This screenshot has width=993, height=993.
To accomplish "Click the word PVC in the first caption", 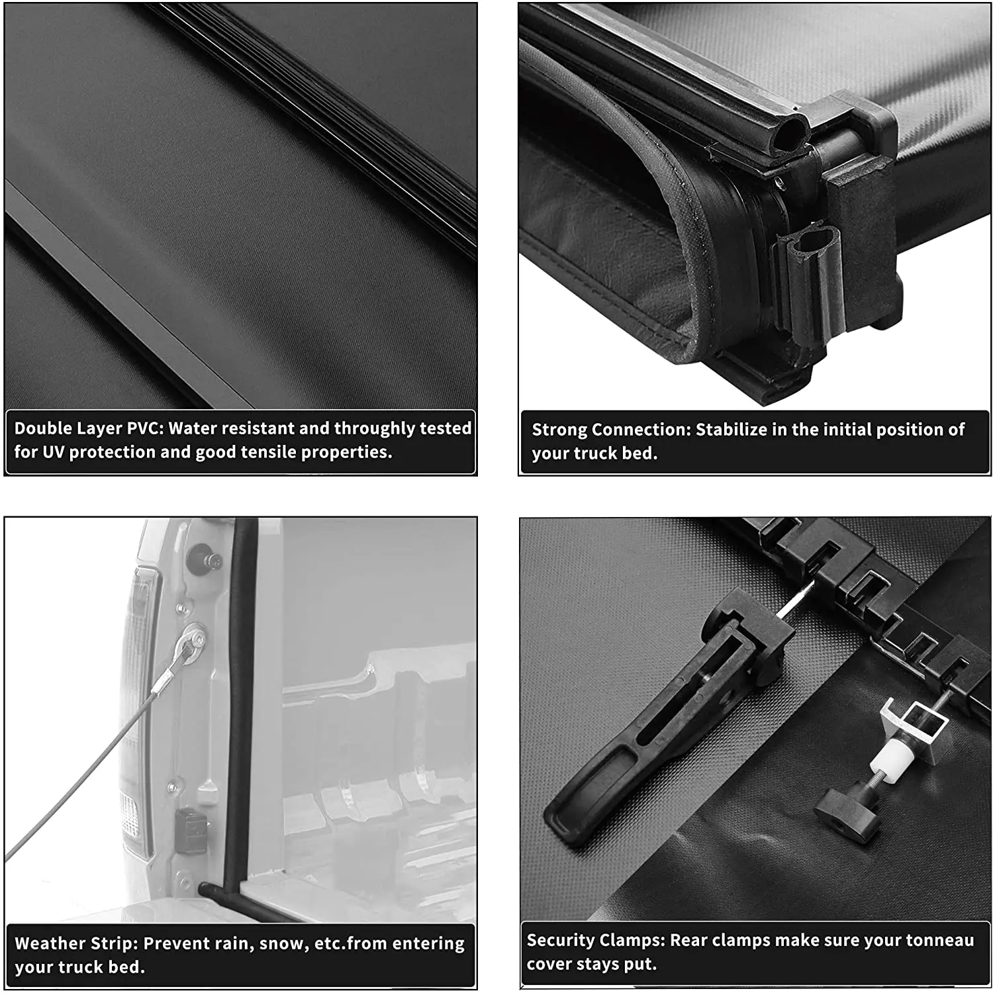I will pos(144,428).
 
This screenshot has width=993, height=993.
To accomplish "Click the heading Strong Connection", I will pos(611,430).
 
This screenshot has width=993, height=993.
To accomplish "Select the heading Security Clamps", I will pos(595,940).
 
